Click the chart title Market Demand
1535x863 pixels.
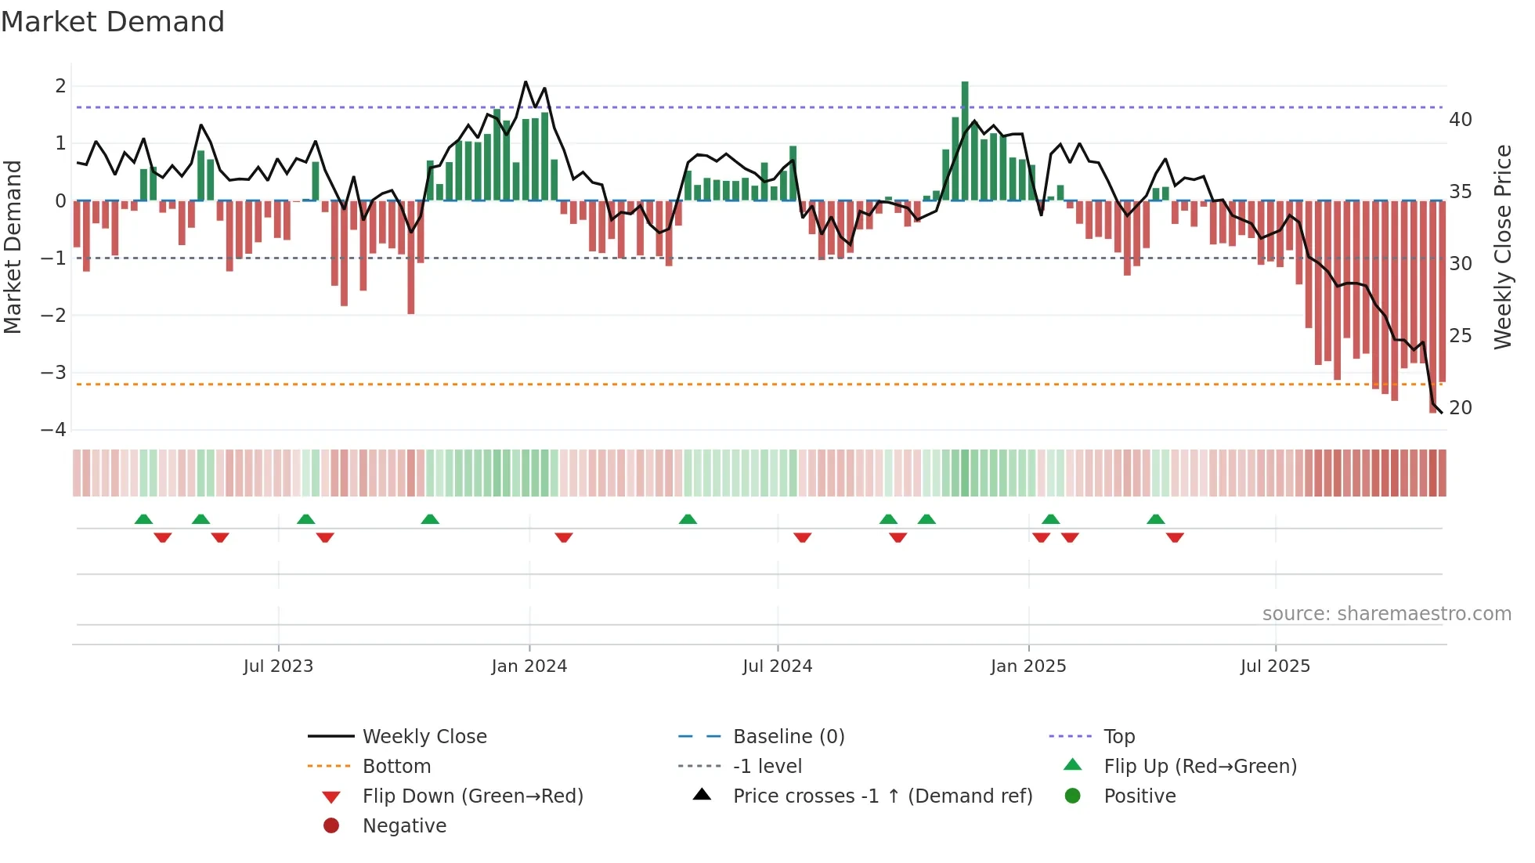pos(113,22)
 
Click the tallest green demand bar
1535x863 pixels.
pos(965,141)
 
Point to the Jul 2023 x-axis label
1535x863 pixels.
pos(278,666)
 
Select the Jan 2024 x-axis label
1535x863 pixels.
pos(529,666)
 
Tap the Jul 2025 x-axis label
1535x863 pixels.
pos(1275,666)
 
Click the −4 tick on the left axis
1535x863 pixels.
pos(53,430)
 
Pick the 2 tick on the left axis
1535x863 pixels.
pos(60,86)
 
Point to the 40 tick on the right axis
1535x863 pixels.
pos(1461,120)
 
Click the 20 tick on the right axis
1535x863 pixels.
pos(1461,408)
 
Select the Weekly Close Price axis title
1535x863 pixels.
pos(1502,247)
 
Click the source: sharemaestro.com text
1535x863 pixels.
pos(1386,614)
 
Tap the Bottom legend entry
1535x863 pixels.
pos(396,767)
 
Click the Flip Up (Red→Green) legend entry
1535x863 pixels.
pos(1200,767)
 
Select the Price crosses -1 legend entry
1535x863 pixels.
pos(883,796)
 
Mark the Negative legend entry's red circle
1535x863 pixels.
pos(331,826)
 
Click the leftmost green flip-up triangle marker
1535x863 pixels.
pos(143,519)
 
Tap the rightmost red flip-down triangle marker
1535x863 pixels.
pos(1175,537)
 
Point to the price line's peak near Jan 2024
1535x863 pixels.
pos(526,81)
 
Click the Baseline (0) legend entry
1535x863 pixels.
pos(789,737)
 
